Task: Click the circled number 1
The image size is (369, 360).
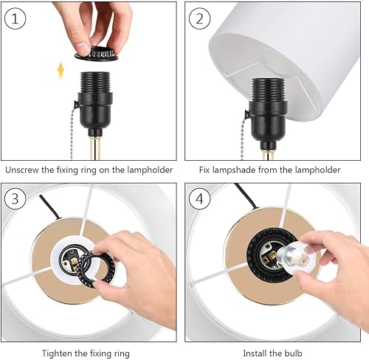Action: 15,18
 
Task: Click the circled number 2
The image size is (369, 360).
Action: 199,18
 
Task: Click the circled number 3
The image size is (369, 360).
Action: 15,198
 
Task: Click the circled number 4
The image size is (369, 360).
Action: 199,198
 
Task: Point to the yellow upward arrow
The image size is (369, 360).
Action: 61,71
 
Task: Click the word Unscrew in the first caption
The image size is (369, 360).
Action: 21,170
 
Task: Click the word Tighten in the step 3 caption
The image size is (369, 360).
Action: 57,353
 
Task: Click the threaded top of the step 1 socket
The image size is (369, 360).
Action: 95,82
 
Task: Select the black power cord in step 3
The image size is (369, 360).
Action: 50,207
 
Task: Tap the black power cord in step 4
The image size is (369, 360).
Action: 246,196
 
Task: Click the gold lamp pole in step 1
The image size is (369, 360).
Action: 95,149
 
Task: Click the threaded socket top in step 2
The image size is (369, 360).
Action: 268,89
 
